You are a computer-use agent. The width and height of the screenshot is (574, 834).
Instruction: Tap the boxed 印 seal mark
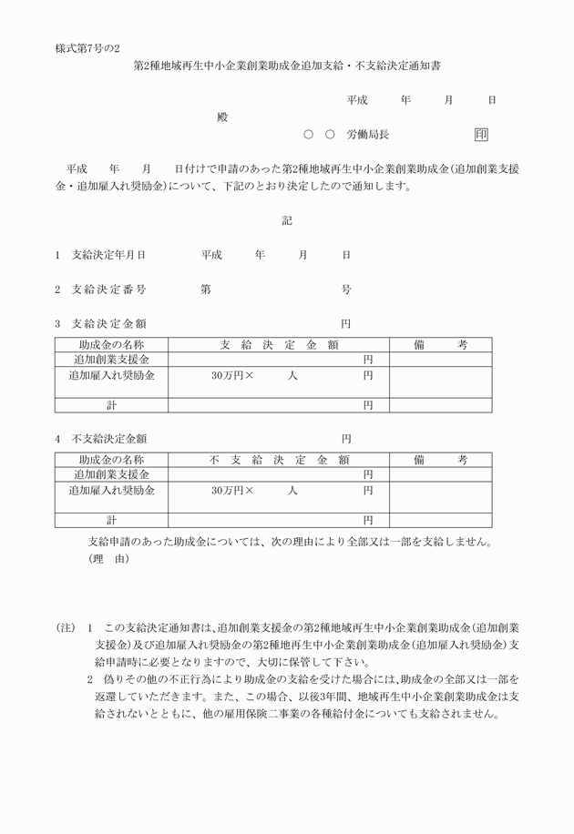tap(482, 134)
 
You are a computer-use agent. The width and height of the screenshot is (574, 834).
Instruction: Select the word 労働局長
tap(368, 134)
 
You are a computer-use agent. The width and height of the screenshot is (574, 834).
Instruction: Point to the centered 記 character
tap(286, 219)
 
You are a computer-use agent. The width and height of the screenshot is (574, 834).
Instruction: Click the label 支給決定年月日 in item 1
tap(108, 255)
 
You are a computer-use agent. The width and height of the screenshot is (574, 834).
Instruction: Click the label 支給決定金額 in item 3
tap(108, 324)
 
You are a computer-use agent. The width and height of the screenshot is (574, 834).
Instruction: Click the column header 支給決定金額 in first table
tap(279, 345)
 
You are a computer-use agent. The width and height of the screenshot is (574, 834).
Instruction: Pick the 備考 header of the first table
tap(441, 345)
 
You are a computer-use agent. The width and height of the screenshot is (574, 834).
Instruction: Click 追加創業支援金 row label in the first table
tap(111, 361)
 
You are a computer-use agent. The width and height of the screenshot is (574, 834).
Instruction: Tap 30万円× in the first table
tap(232, 376)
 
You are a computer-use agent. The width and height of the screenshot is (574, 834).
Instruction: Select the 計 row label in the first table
tap(111, 405)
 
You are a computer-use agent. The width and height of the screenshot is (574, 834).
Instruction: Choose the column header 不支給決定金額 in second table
tap(279, 460)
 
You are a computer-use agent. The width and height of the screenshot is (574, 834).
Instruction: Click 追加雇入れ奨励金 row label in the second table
tap(111, 491)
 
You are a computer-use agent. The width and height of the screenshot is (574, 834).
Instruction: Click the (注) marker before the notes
tap(65, 628)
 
